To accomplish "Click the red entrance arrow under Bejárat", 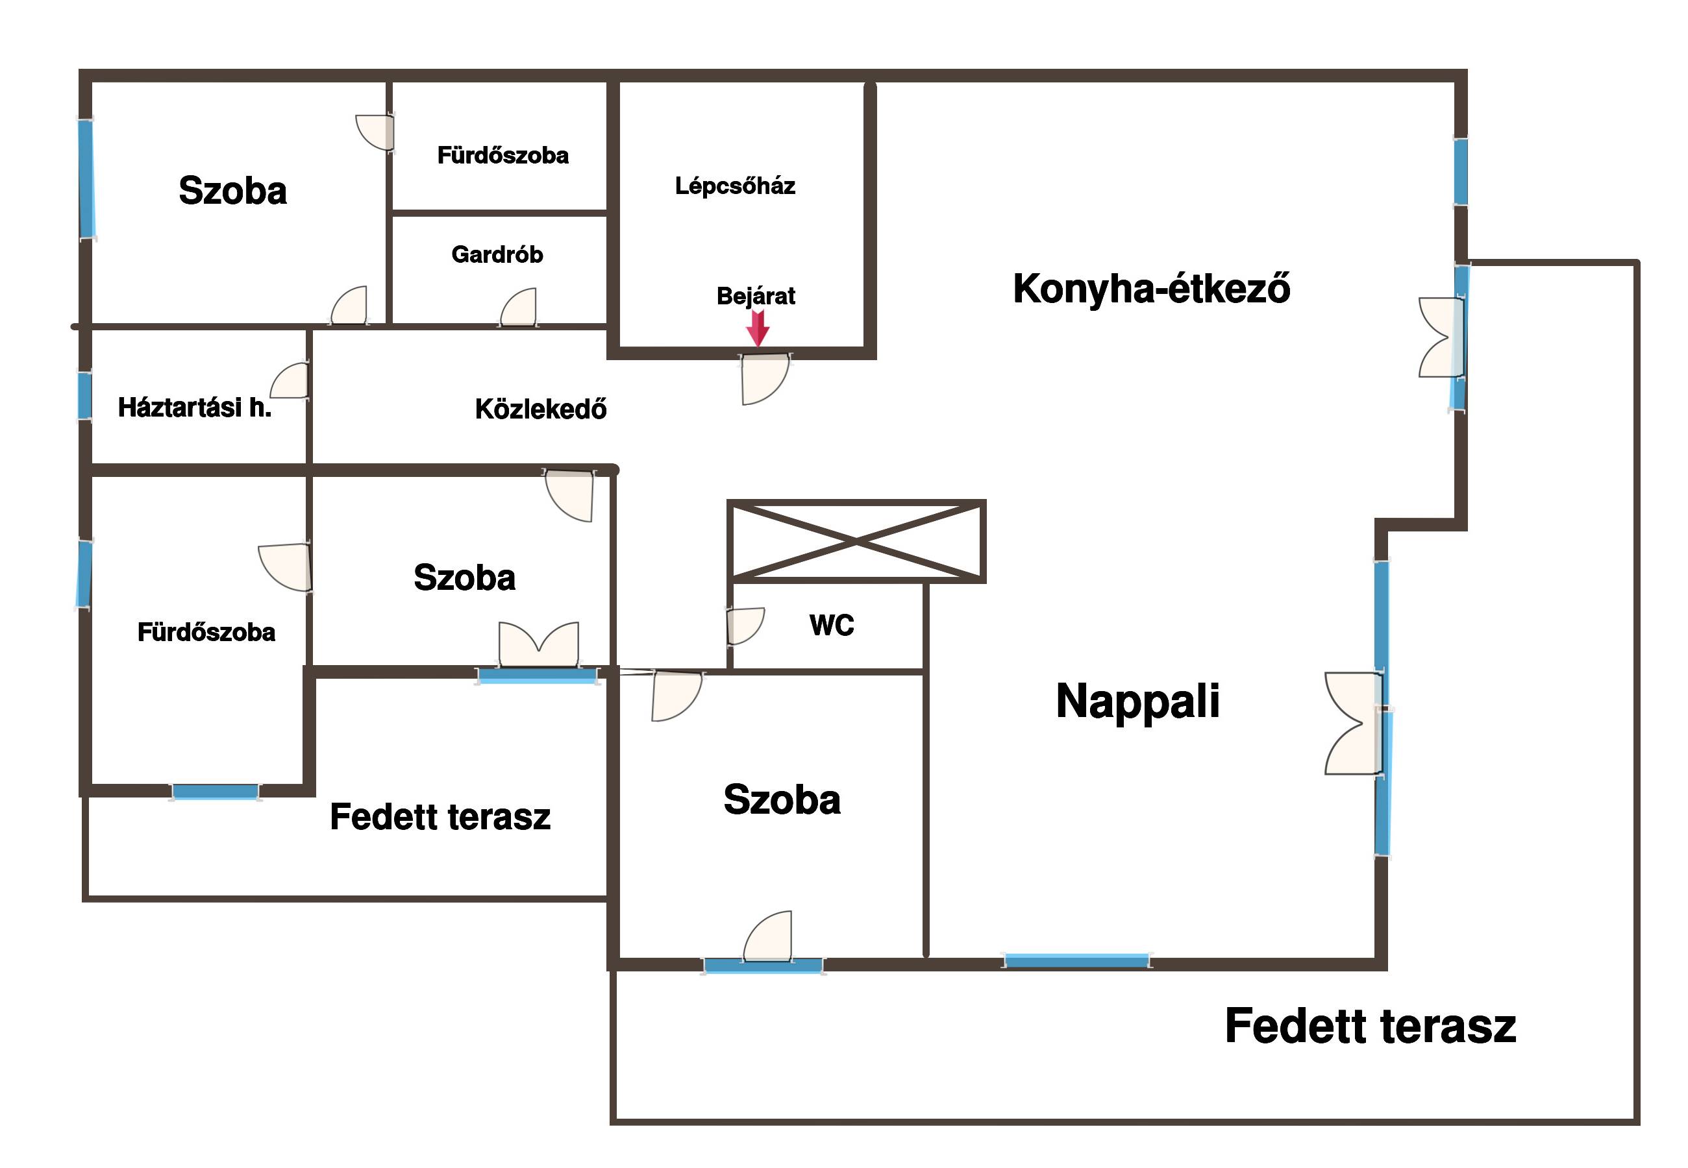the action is coord(758,328).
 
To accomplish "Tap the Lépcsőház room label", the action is coord(734,186).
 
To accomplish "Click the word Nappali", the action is coord(1137,701).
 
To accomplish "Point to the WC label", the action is coord(832,625).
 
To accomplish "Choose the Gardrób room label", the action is coord(497,254).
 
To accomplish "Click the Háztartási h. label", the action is coord(195,408).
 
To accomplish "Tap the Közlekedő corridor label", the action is coord(541,409).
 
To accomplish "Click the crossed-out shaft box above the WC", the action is coord(856,542).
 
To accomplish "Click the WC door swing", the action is coord(745,626).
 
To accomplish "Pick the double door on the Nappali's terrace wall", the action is coord(1354,723).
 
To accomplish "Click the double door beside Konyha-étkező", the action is coord(1441,337).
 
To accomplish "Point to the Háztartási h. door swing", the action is coord(289,380).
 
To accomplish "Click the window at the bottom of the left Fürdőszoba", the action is coord(215,792).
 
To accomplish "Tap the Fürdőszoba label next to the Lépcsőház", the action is coord(503,155).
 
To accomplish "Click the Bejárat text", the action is coord(756,297).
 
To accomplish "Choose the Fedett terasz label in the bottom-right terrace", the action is coord(1371,1026).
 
